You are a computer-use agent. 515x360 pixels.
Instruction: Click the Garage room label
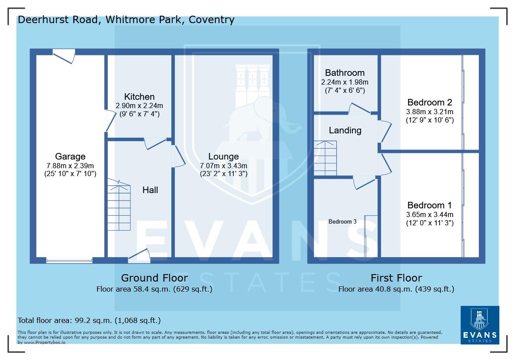[x=70, y=156]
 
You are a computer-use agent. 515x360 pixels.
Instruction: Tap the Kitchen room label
[x=139, y=97]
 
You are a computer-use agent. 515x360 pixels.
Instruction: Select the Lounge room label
[x=223, y=156]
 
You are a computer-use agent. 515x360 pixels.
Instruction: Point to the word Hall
[x=150, y=190]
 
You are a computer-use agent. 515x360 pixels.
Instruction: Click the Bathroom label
[x=344, y=73]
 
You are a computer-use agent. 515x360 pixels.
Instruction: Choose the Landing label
[x=345, y=130]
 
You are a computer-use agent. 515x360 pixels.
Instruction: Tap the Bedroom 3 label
[x=342, y=221]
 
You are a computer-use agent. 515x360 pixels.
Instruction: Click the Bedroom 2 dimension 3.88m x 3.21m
[x=430, y=112]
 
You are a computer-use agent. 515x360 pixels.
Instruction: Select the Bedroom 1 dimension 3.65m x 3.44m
[x=430, y=214]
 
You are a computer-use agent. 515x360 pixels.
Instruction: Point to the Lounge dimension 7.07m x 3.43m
[x=223, y=166]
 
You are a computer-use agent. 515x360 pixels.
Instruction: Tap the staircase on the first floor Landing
[x=325, y=158]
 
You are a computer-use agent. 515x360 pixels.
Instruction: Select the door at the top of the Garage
[x=64, y=56]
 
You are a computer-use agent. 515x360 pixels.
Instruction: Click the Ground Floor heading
[x=154, y=278]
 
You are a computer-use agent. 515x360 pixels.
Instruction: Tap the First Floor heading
[x=396, y=278]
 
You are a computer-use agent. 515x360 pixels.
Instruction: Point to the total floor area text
[x=89, y=320]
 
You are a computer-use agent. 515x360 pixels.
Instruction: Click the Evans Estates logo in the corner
[x=480, y=325]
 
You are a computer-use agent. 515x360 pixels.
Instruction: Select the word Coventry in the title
[x=211, y=20]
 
